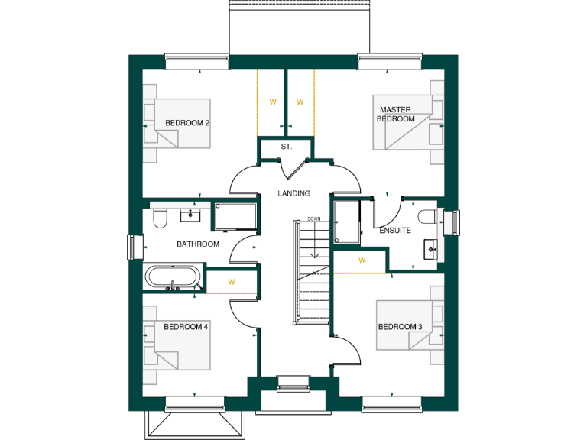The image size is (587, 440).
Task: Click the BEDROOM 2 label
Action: coord(187,123)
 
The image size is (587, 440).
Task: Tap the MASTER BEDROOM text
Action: coord(396,115)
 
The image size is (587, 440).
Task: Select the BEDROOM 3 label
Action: coord(400,327)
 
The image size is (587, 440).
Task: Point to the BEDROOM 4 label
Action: coord(186,326)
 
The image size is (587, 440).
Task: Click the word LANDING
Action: coord(293,193)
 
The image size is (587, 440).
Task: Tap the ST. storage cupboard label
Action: coord(286,146)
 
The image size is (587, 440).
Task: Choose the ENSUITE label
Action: coord(395,230)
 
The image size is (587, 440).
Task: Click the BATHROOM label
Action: coord(198,244)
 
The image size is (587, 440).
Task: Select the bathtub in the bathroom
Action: coord(175,277)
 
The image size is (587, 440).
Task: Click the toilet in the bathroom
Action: coord(160,219)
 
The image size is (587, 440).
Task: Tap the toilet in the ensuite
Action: coord(429,217)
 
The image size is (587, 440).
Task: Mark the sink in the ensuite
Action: coord(430,248)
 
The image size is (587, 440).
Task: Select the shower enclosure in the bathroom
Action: coord(235,217)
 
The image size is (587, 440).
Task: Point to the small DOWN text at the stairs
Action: coord(313,219)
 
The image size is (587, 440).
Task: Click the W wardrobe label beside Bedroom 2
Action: coord(271,102)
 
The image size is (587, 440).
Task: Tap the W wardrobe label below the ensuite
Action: coord(362,260)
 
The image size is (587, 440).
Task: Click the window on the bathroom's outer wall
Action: coord(131,247)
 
